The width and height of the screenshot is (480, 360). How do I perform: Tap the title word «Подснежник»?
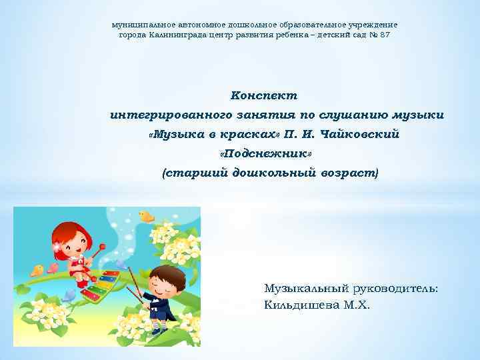point(266,154)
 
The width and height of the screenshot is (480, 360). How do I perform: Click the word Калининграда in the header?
point(178,34)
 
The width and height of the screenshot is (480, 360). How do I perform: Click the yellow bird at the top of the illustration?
point(146,215)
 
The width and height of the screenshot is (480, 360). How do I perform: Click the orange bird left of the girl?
point(37,270)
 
